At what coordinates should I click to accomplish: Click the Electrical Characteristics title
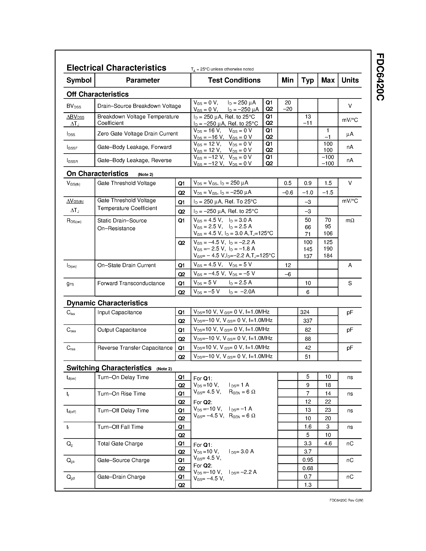(x=116, y=68)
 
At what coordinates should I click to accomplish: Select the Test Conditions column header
(x=234, y=80)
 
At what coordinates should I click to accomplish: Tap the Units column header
(x=350, y=80)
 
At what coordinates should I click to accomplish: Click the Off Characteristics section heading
(x=97, y=94)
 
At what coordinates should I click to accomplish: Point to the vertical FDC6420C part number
(x=380, y=77)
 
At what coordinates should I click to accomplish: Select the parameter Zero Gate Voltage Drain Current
(x=137, y=134)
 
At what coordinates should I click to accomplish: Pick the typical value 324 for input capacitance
(x=305, y=312)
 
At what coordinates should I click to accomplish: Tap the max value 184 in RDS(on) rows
(x=328, y=256)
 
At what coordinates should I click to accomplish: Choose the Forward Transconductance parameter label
(x=131, y=283)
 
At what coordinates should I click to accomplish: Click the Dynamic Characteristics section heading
(x=107, y=303)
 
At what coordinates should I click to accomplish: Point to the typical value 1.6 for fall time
(x=308, y=427)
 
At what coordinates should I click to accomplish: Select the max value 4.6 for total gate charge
(x=328, y=443)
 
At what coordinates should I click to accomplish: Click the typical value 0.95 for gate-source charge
(x=308, y=460)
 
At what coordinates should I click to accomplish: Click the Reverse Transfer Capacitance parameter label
(x=135, y=348)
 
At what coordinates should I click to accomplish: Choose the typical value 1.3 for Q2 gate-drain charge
(x=308, y=485)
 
